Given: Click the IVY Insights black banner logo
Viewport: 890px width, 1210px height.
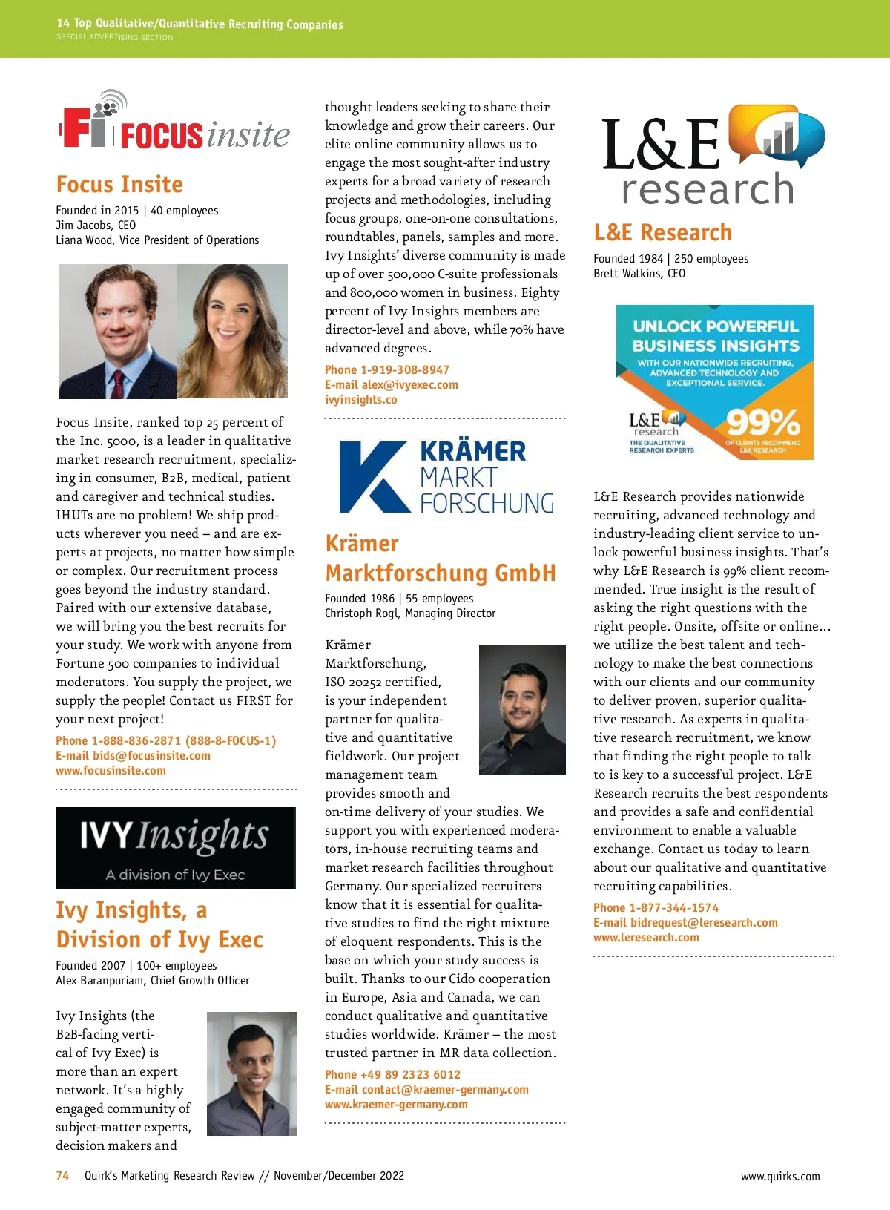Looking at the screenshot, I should click(176, 847).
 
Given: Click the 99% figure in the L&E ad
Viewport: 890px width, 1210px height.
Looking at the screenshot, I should click(762, 423).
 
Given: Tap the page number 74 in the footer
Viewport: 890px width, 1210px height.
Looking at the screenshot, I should click(63, 1175).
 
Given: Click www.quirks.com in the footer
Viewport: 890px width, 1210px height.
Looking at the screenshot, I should click(780, 1176).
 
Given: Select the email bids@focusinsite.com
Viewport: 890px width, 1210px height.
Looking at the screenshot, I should click(133, 755).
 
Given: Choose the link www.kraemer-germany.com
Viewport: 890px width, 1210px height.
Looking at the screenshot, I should click(396, 1104).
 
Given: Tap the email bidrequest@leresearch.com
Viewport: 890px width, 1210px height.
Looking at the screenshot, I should click(685, 922).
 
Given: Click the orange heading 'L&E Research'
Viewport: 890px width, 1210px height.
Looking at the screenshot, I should click(662, 232).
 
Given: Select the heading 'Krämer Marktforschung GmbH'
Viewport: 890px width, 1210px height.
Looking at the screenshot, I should click(440, 558).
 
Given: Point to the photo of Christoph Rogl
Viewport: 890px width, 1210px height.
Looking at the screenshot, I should click(522, 709).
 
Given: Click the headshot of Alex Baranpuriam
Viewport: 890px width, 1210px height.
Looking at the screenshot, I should click(251, 1073).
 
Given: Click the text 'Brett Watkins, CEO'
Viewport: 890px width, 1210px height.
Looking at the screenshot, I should click(639, 273).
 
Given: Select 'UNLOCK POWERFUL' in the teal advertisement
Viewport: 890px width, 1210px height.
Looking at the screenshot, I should click(715, 326).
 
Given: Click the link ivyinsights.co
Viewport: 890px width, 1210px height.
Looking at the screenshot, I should click(361, 399).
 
